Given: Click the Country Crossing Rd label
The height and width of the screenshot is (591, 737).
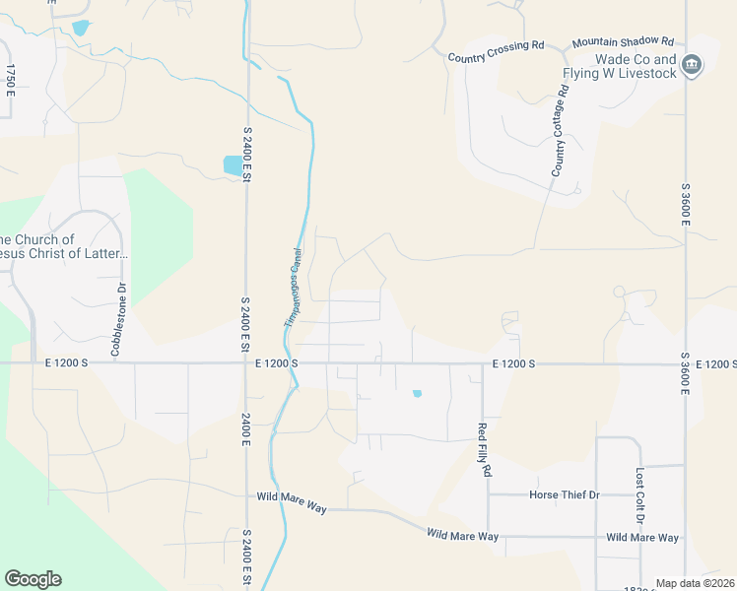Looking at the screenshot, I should [x=496, y=58].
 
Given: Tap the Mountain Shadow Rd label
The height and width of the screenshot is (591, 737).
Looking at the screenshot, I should [x=622, y=42].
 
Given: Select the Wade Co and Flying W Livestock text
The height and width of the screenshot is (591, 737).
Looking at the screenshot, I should [x=620, y=65].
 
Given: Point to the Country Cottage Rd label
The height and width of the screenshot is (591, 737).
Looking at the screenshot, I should [x=561, y=132].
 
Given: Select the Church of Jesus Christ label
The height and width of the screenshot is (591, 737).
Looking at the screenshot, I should [x=61, y=246].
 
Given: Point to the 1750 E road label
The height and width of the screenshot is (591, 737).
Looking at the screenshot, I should [x=11, y=80].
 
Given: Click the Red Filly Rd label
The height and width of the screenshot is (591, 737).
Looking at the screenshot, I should [x=483, y=449].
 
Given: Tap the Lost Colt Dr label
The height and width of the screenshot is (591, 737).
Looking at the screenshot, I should [x=639, y=495].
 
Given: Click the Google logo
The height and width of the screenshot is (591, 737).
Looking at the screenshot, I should [x=33, y=579].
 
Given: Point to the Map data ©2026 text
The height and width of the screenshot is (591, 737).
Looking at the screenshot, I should [x=696, y=583].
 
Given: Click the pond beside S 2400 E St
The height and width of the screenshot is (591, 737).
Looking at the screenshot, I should [x=233, y=165].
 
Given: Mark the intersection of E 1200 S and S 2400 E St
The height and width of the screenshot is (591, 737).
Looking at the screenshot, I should [x=245, y=363].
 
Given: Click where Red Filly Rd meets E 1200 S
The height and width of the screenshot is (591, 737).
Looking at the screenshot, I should [x=483, y=364].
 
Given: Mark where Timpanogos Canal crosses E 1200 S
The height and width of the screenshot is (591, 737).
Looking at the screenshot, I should [x=289, y=363].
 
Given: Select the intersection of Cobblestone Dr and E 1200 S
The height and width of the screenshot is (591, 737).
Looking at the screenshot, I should [x=115, y=363].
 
